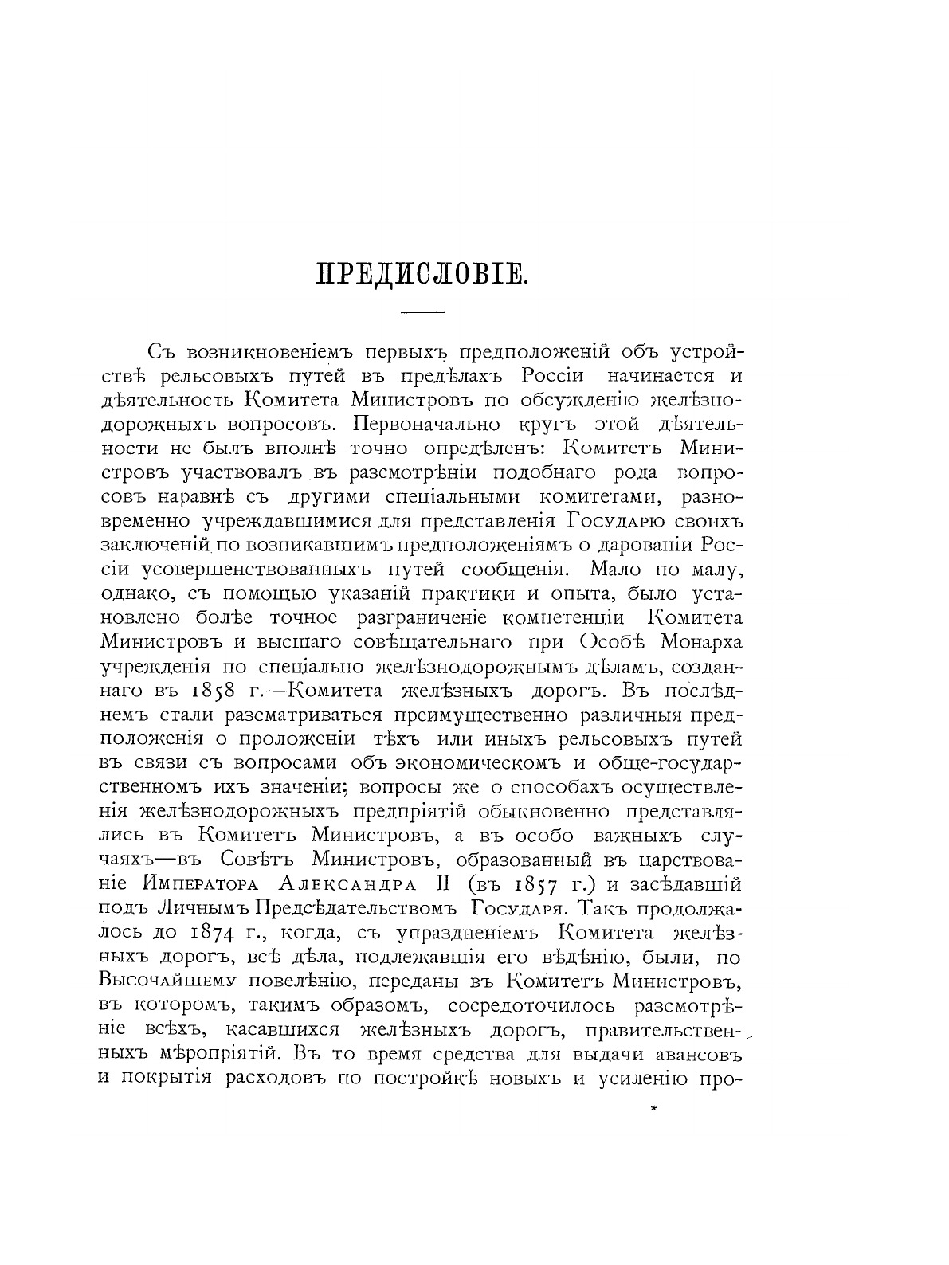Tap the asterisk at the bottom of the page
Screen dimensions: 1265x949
pyautogui.click(x=653, y=1107)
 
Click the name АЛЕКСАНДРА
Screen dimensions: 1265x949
pyautogui.click(x=364, y=884)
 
